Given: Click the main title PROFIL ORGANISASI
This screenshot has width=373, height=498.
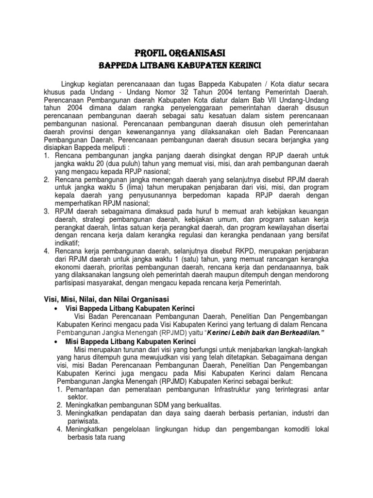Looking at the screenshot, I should coord(180,52).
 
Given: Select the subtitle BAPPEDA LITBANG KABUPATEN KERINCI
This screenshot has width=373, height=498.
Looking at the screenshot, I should coord(180,65).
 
